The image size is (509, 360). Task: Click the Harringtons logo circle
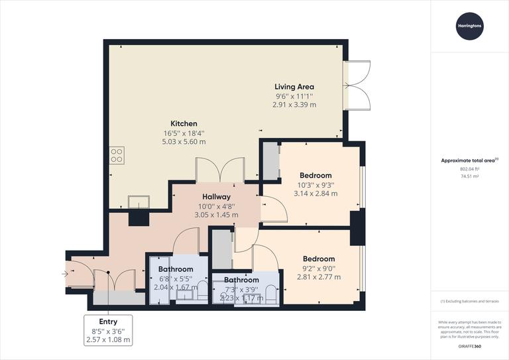(x=469, y=26)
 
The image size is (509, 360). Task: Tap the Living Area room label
(x=294, y=87)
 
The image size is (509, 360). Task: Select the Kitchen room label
(x=184, y=124)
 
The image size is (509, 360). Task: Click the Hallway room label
(x=216, y=197)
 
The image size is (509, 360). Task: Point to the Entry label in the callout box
(x=108, y=322)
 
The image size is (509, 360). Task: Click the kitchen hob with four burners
(x=116, y=154)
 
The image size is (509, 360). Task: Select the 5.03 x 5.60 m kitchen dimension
(x=184, y=142)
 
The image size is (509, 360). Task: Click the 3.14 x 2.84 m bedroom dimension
(x=315, y=194)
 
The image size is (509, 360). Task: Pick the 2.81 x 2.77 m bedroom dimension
(x=319, y=277)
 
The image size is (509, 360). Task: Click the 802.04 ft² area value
(x=469, y=169)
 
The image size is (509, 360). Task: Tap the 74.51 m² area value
(x=469, y=177)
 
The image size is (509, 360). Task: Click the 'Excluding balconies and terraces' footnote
(x=469, y=301)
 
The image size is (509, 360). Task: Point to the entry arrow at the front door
(x=64, y=272)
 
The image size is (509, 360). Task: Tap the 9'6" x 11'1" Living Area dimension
(x=294, y=96)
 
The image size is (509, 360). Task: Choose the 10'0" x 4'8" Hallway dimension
(x=216, y=206)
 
